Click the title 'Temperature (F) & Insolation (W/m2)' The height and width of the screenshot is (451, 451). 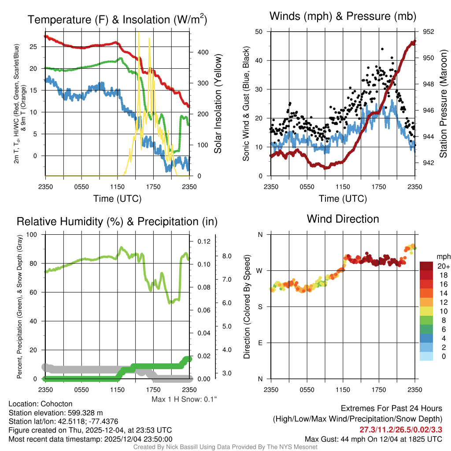pyautogui.click(x=117, y=20)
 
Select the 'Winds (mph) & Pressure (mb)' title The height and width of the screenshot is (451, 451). pyautogui.click(x=343, y=17)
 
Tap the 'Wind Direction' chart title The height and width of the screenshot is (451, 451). pyautogui.click(x=343, y=219)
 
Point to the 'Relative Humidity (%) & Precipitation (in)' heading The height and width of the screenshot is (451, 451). pyautogui.click(x=117, y=222)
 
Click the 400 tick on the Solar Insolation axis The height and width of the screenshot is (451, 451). pyautogui.click(x=202, y=52)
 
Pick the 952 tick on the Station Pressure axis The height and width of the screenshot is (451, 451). pyautogui.click(x=429, y=32)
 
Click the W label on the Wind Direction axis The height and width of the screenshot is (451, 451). pyautogui.click(x=260, y=270)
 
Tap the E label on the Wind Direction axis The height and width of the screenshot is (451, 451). pyautogui.click(x=260, y=343)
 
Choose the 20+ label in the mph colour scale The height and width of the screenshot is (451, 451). pyautogui.click(x=443, y=266)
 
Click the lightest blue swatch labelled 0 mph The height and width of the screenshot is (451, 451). pyautogui.click(x=427, y=356)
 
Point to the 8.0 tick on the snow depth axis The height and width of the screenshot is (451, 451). pyautogui.click(x=227, y=256)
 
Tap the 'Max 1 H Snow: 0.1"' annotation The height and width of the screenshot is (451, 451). pyautogui.click(x=184, y=399)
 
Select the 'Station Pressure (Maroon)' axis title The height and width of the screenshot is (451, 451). pyautogui.click(x=444, y=104)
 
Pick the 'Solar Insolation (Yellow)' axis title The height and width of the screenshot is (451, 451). pyautogui.click(x=218, y=104)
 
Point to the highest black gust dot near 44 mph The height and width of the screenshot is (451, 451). pyautogui.click(x=382, y=49)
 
